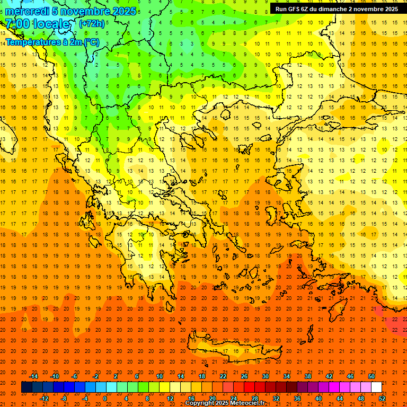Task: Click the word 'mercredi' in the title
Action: coord(26,11)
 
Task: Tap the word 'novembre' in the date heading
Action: coord(82,11)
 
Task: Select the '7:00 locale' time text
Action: coord(37,24)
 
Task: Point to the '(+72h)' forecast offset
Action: coord(92,24)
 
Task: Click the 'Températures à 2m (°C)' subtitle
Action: coord(52,42)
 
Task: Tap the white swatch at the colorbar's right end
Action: coord(376,387)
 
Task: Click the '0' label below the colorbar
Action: coord(105,399)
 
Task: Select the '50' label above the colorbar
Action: coord(371,376)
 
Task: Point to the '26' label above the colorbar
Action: coord(244,376)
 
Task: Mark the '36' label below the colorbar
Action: coord(297,399)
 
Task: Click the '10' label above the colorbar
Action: coord(160,376)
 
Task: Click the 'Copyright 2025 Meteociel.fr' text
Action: coord(225,403)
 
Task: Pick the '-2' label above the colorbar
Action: coord(96,376)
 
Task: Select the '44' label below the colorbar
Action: coord(339,399)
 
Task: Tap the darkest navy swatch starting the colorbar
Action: coord(26,387)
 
